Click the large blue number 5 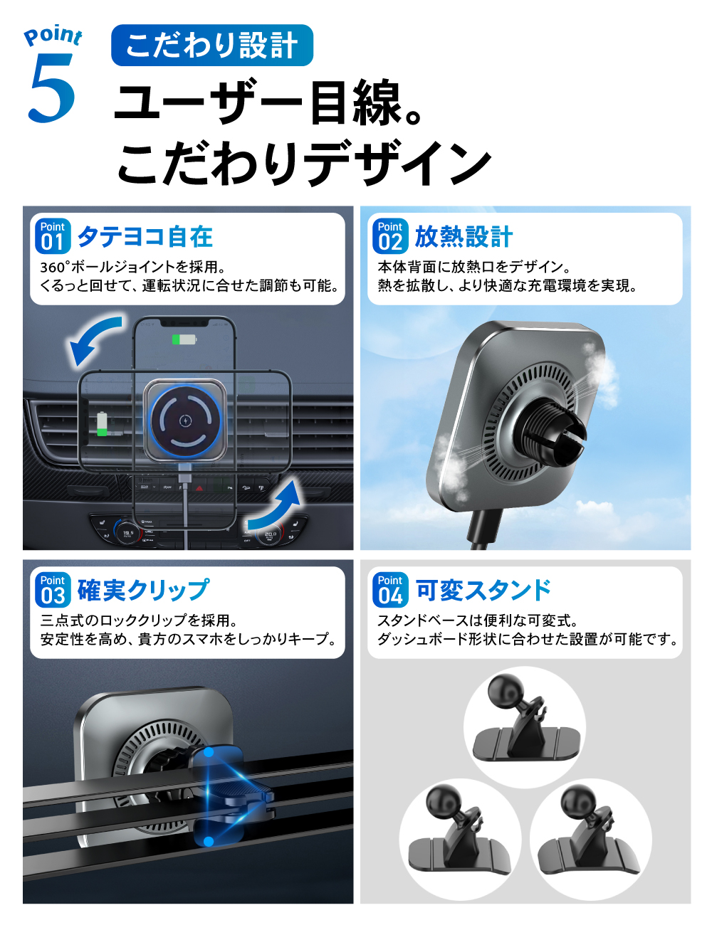point(52,88)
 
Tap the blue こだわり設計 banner point(212,45)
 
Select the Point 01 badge point(53,236)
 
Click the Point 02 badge point(390,236)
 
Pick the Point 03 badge point(53,590)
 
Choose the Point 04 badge point(390,590)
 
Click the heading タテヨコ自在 point(145,237)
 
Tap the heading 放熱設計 point(464,237)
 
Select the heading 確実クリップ point(144,590)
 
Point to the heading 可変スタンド point(483,590)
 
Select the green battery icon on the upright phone point(184,339)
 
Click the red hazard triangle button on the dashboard point(199,488)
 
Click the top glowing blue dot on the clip point(208,753)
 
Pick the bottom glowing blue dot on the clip point(208,842)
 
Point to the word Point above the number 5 point(53,36)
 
